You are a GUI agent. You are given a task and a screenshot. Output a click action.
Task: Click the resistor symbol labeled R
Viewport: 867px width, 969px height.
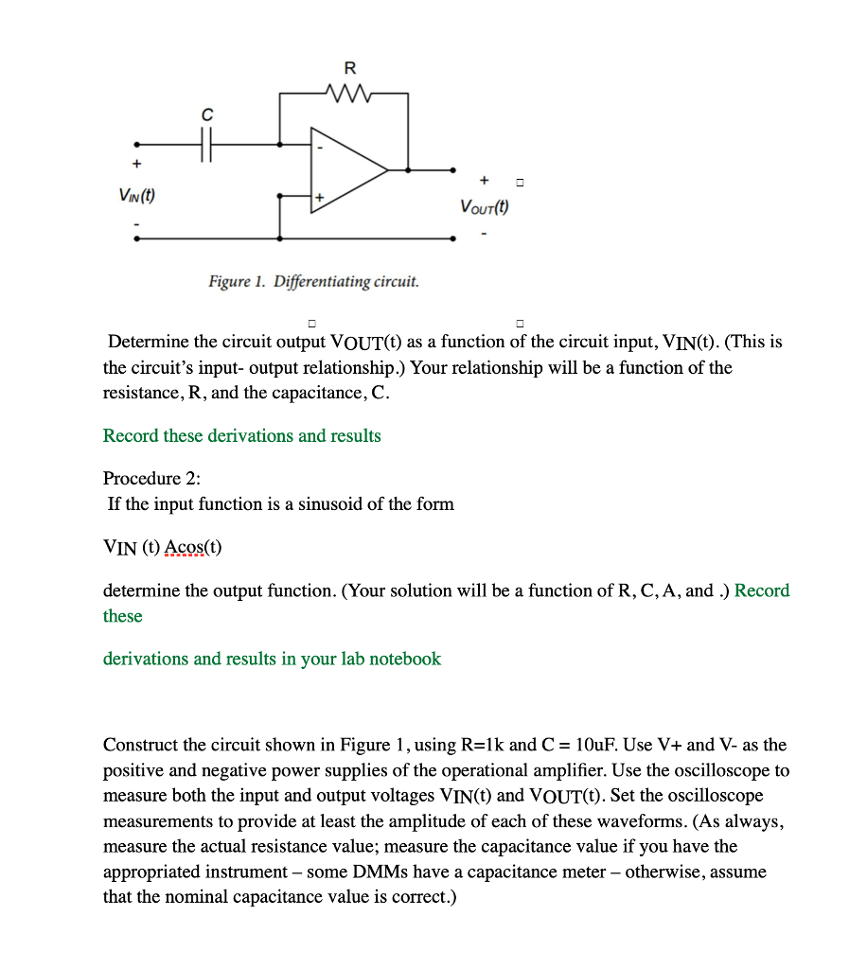[349, 94]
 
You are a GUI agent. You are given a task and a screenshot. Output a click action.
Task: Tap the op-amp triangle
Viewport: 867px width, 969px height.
[346, 170]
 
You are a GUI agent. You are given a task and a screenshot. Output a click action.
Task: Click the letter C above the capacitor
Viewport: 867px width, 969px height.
[205, 115]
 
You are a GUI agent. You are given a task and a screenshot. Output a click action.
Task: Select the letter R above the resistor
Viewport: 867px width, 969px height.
[349, 68]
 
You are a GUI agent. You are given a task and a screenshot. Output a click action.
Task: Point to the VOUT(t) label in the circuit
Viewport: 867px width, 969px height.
[484, 207]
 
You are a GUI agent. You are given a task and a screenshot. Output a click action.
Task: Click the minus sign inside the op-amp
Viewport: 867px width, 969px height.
[320, 149]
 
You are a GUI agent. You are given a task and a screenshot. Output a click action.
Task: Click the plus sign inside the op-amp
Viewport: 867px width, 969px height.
[320, 196]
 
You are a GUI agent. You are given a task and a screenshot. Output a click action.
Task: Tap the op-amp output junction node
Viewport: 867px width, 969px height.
[408, 171]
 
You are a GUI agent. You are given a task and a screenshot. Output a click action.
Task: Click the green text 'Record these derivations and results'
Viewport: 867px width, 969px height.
[241, 436]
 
